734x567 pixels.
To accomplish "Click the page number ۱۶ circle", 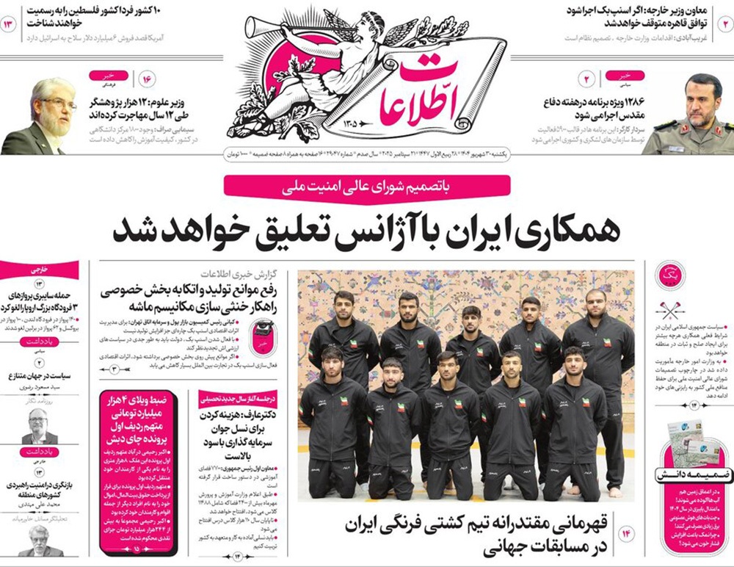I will [145, 79].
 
